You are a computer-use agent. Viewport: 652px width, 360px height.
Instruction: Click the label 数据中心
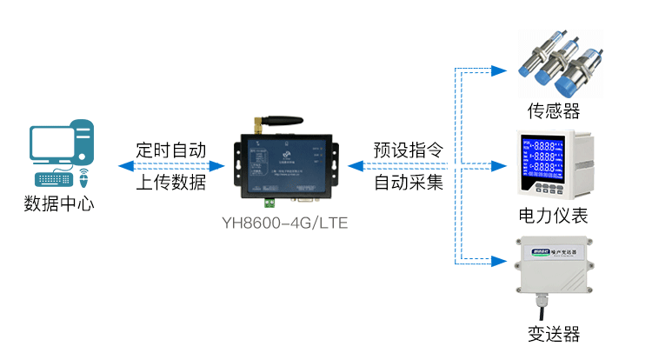point(59,205)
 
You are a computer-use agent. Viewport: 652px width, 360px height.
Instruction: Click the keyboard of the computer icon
point(55,179)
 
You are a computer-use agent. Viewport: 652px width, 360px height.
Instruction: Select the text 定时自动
point(170,150)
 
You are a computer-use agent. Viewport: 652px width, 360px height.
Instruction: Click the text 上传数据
point(170,183)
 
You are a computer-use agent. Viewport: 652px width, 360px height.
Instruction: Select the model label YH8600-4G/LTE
point(284,223)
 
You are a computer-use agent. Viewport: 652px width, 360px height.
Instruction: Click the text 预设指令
point(409,150)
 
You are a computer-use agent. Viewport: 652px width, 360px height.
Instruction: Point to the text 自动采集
point(409,183)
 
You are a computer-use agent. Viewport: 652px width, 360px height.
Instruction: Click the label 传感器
point(553,110)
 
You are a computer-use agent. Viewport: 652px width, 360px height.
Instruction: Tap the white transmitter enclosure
point(552,264)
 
